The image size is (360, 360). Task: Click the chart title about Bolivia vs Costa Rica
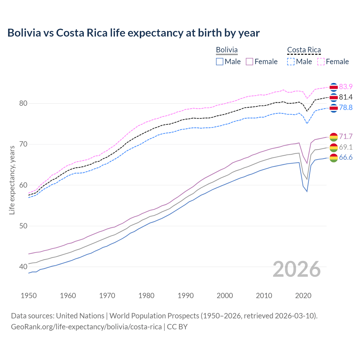click(133, 33)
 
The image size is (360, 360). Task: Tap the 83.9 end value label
click(346, 87)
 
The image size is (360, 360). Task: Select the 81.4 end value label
click(346, 97)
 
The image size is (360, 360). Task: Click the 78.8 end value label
click(346, 107)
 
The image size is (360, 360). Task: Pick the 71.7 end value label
click(346, 136)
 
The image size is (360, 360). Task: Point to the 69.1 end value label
click(346, 147)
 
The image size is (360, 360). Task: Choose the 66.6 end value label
click(346, 157)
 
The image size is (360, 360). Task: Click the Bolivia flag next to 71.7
click(334, 137)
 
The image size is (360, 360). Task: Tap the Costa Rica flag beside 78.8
click(334, 108)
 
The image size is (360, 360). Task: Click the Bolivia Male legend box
click(220, 62)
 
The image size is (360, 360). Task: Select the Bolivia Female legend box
click(249, 62)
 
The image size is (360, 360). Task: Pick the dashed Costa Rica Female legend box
click(321, 62)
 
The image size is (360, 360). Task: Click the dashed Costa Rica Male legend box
click(291, 62)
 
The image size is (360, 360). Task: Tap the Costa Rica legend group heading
click(304, 50)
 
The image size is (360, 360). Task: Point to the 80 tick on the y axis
click(23, 103)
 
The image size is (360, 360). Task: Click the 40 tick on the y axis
click(23, 267)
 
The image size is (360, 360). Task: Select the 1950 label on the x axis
click(29, 296)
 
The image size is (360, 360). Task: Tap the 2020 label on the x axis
click(303, 296)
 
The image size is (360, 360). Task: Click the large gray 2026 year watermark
click(296, 269)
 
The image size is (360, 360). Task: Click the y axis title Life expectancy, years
click(12, 180)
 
